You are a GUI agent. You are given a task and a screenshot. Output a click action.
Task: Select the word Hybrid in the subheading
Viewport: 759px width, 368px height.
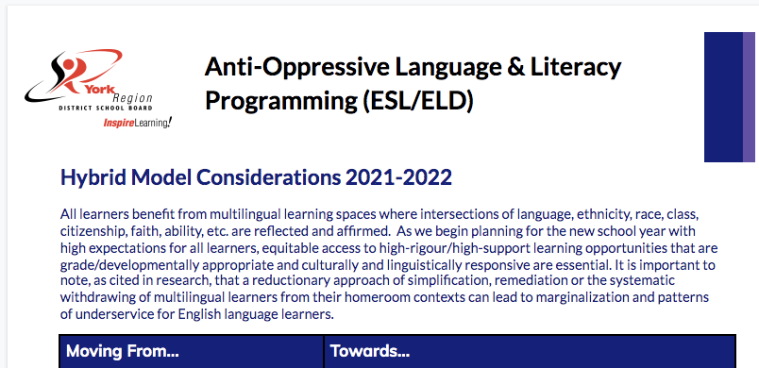coord(92,177)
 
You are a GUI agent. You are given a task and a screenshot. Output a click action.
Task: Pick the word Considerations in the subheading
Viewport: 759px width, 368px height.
coord(231,177)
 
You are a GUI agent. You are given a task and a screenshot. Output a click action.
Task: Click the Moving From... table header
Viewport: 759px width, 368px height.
coord(122,351)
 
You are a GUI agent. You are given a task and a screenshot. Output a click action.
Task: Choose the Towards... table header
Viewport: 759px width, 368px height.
coord(371,351)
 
